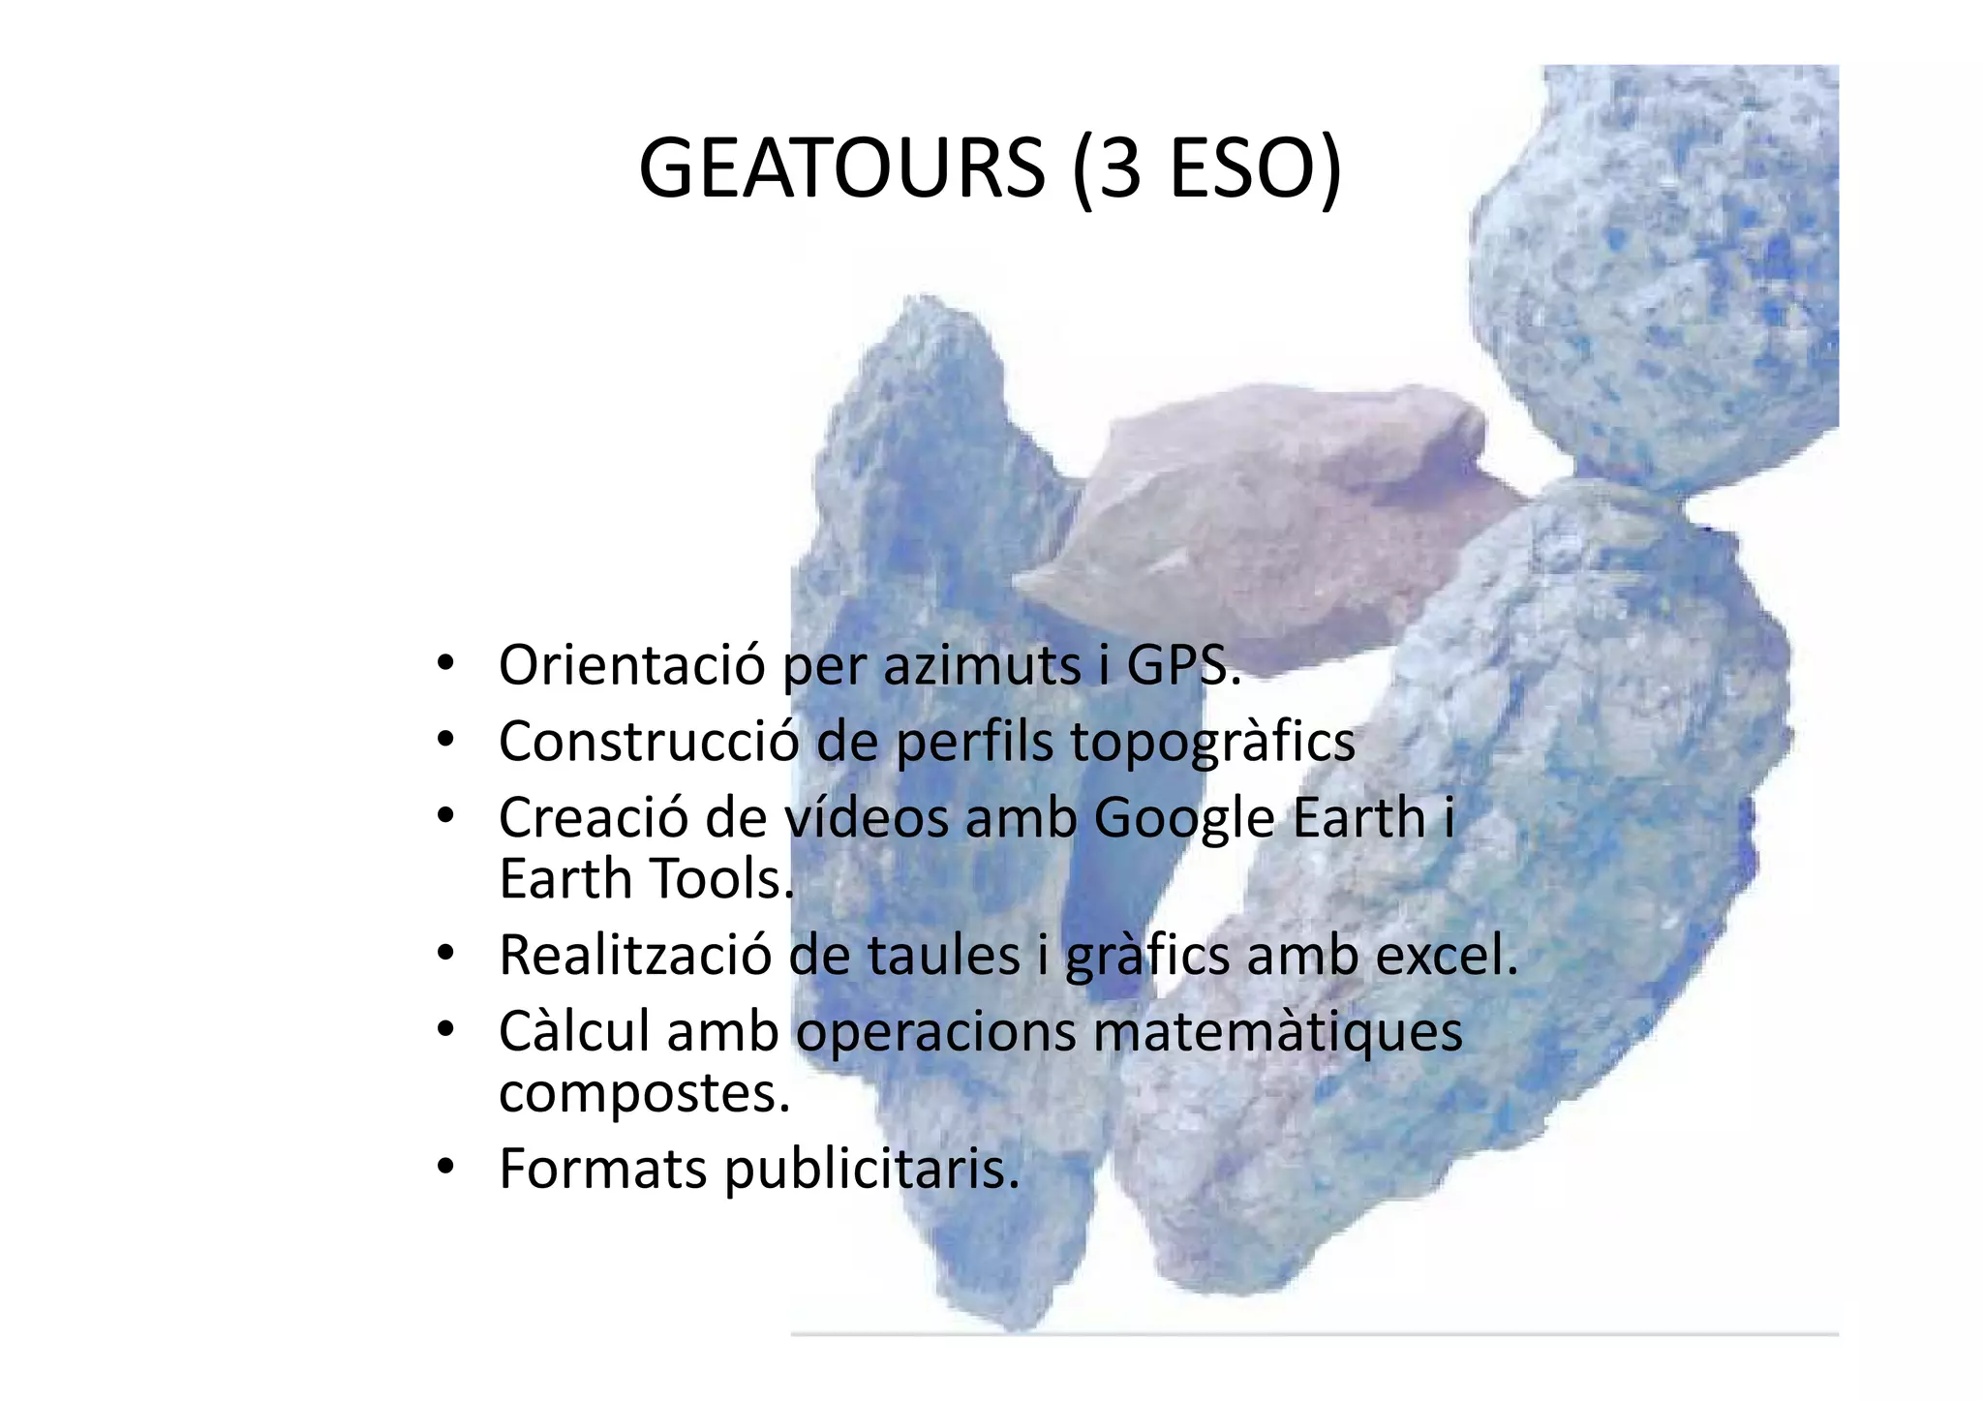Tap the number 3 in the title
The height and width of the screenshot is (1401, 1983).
pyautogui.click(x=1119, y=169)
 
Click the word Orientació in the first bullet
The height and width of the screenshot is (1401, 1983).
pyautogui.click(x=631, y=665)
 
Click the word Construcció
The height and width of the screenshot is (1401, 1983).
pyautogui.click(x=649, y=742)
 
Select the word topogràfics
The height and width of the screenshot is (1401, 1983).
pyautogui.click(x=1212, y=742)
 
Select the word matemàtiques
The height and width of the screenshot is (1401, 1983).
pyautogui.click(x=1277, y=1031)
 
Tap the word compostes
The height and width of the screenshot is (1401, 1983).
pyautogui.click(x=643, y=1093)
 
